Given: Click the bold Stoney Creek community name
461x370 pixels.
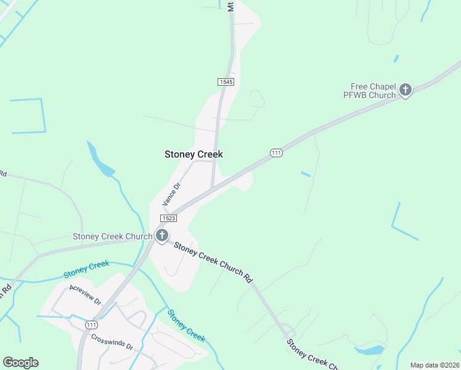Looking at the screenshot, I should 194,154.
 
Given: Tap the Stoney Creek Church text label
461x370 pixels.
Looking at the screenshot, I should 112,236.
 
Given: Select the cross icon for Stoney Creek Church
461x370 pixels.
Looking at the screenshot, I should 161,235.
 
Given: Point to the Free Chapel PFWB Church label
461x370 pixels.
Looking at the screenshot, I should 369,91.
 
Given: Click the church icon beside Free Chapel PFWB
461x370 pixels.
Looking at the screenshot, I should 406,90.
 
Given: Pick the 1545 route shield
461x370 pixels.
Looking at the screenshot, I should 226,81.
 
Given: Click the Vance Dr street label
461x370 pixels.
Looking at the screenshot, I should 170,194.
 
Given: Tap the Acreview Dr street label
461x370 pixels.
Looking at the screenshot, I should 85,296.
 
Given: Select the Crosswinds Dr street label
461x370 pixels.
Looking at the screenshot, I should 112,342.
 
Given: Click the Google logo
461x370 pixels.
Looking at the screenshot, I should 20,363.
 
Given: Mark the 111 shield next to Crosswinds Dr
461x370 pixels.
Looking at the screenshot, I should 91,325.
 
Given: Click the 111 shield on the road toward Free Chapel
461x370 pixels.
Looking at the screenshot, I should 276,153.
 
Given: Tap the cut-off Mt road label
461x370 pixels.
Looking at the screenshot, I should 230,6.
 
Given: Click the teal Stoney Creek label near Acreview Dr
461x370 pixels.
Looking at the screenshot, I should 86,269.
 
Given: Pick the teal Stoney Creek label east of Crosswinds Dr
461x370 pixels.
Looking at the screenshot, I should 186,326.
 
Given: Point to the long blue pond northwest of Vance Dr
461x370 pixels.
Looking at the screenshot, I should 99,159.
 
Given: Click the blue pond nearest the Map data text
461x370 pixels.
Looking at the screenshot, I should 369,350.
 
